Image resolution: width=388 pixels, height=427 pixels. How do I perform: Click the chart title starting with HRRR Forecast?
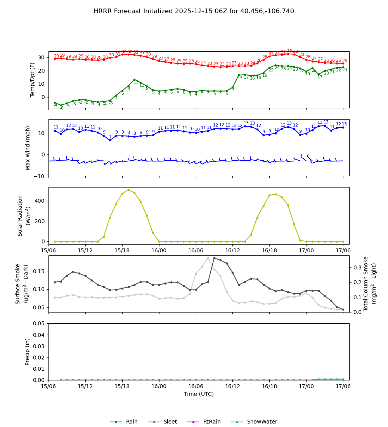click(194, 11)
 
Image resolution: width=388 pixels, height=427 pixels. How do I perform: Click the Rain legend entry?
click(132, 422)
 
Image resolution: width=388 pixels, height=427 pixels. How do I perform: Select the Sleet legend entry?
click(170, 422)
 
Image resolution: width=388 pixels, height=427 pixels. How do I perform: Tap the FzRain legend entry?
click(211, 422)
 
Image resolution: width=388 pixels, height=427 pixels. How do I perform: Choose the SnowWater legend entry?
click(262, 422)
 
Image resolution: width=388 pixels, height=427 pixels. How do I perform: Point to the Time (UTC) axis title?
click(199, 394)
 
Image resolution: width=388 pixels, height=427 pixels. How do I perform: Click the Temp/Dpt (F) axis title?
click(33, 80)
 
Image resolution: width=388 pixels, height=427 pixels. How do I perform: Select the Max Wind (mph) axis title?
click(28, 148)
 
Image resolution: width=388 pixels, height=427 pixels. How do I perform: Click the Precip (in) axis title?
click(28, 352)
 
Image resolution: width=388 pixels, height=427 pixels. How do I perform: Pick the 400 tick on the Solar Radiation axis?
click(41, 201)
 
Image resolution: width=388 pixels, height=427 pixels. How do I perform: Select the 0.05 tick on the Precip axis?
click(39, 323)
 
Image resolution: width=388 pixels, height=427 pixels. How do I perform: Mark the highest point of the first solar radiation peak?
click(128, 190)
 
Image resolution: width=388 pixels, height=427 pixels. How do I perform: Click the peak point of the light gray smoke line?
click(208, 258)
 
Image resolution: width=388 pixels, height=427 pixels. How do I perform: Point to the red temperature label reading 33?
click(289, 51)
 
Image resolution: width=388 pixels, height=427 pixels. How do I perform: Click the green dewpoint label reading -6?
click(61, 108)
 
